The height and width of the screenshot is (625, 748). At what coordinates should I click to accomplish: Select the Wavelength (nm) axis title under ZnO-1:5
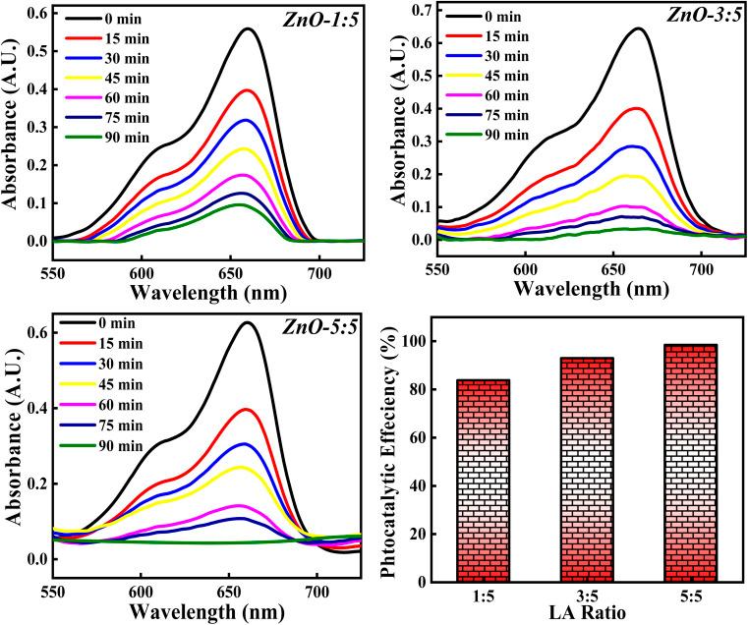pyautogui.click(x=187, y=291)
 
